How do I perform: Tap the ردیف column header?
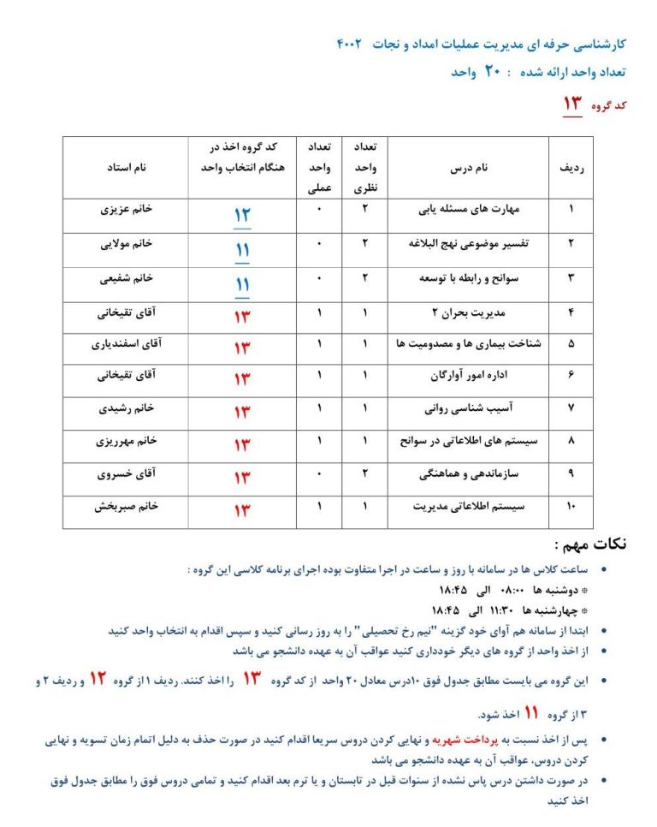[571, 169]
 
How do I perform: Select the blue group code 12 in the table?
[242, 215]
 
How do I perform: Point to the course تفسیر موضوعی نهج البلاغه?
[469, 243]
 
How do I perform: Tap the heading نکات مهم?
[590, 544]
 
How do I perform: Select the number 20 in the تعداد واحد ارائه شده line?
[491, 72]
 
